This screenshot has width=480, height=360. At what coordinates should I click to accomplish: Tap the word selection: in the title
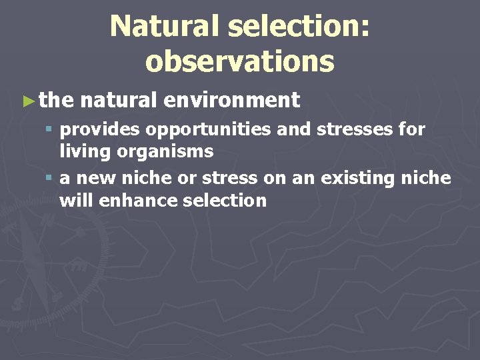[x=299, y=27]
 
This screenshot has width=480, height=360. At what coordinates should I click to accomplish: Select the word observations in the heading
[x=239, y=61]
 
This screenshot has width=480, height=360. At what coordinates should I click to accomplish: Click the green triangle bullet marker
[x=27, y=101]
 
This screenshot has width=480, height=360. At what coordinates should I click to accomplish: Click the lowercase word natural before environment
[x=119, y=101]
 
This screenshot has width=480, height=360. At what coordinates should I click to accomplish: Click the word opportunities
[x=203, y=129]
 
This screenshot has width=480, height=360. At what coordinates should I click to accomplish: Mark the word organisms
[x=165, y=151]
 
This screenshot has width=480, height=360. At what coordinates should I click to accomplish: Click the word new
[x=93, y=179]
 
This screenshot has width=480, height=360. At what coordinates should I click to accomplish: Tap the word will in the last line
[x=76, y=201]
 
